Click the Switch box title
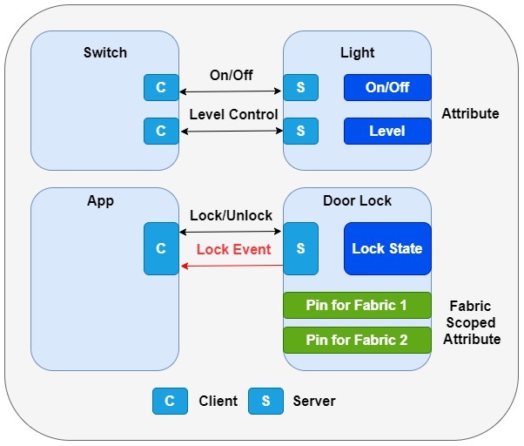104,52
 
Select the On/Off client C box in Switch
161,87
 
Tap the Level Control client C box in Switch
161,131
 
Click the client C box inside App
161,248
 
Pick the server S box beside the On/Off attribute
300,87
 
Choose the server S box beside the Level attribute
300,131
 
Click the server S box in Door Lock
300,248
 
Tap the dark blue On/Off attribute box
387,87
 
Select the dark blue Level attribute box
387,131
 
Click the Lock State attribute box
387,248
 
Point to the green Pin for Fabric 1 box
357,306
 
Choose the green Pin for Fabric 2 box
357,340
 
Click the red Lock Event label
233,249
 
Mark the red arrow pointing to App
231,266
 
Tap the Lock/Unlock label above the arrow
231,215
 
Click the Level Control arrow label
233,114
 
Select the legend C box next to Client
170,401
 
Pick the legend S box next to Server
265,401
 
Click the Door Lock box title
357,200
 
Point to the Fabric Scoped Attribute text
472,322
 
